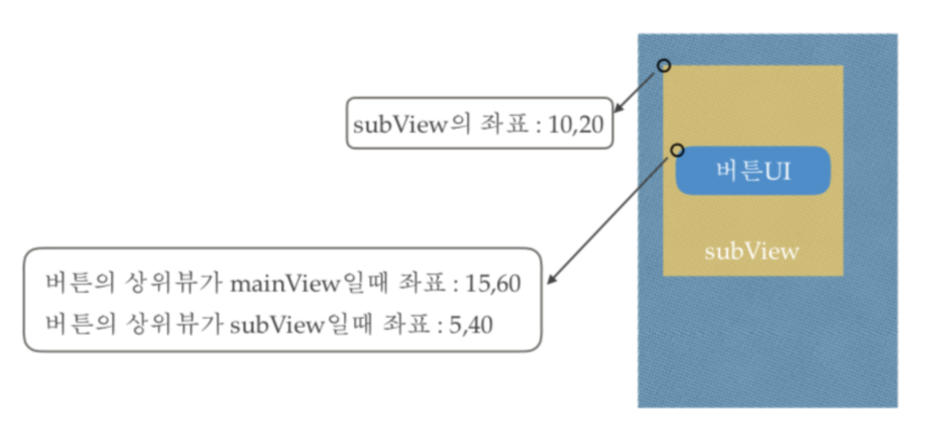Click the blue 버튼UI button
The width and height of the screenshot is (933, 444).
coord(753,171)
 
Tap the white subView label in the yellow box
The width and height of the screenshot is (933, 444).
coord(751,252)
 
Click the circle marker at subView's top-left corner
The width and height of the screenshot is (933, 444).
coord(664,66)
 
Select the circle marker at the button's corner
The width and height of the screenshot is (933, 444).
coord(677,150)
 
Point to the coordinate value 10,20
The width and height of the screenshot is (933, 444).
coord(576,125)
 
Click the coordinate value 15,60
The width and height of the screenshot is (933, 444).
coord(493,284)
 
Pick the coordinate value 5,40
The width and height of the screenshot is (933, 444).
coord(470,325)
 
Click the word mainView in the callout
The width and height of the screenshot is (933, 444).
coord(285,284)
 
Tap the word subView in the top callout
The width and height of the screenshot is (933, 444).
coord(400,125)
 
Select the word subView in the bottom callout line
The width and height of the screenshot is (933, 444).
coord(277,325)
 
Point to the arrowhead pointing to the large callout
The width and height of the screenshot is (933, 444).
coord(551,279)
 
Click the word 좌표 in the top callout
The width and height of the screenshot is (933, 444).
coord(504,124)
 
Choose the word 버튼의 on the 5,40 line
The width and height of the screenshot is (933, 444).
coord(80,325)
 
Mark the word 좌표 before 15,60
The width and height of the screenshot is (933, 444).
coord(422,283)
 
